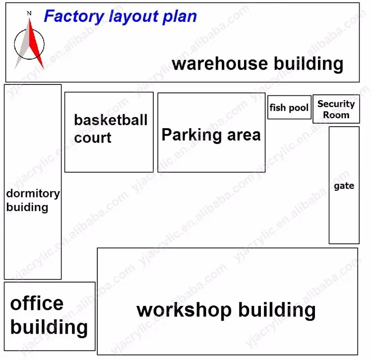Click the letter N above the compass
coord(29,13)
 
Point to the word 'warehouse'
coord(220,64)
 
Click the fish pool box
coord(289,107)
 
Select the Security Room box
coord(336,109)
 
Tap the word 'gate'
coord(344,186)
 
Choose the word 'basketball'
coord(111,120)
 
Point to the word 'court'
coord(93,138)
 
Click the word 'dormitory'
coord(33,194)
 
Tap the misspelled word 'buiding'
coord(27,207)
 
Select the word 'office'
coord(37,303)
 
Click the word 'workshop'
coord(184,310)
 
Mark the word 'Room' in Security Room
coord(336,115)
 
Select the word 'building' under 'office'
coord(49,327)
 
